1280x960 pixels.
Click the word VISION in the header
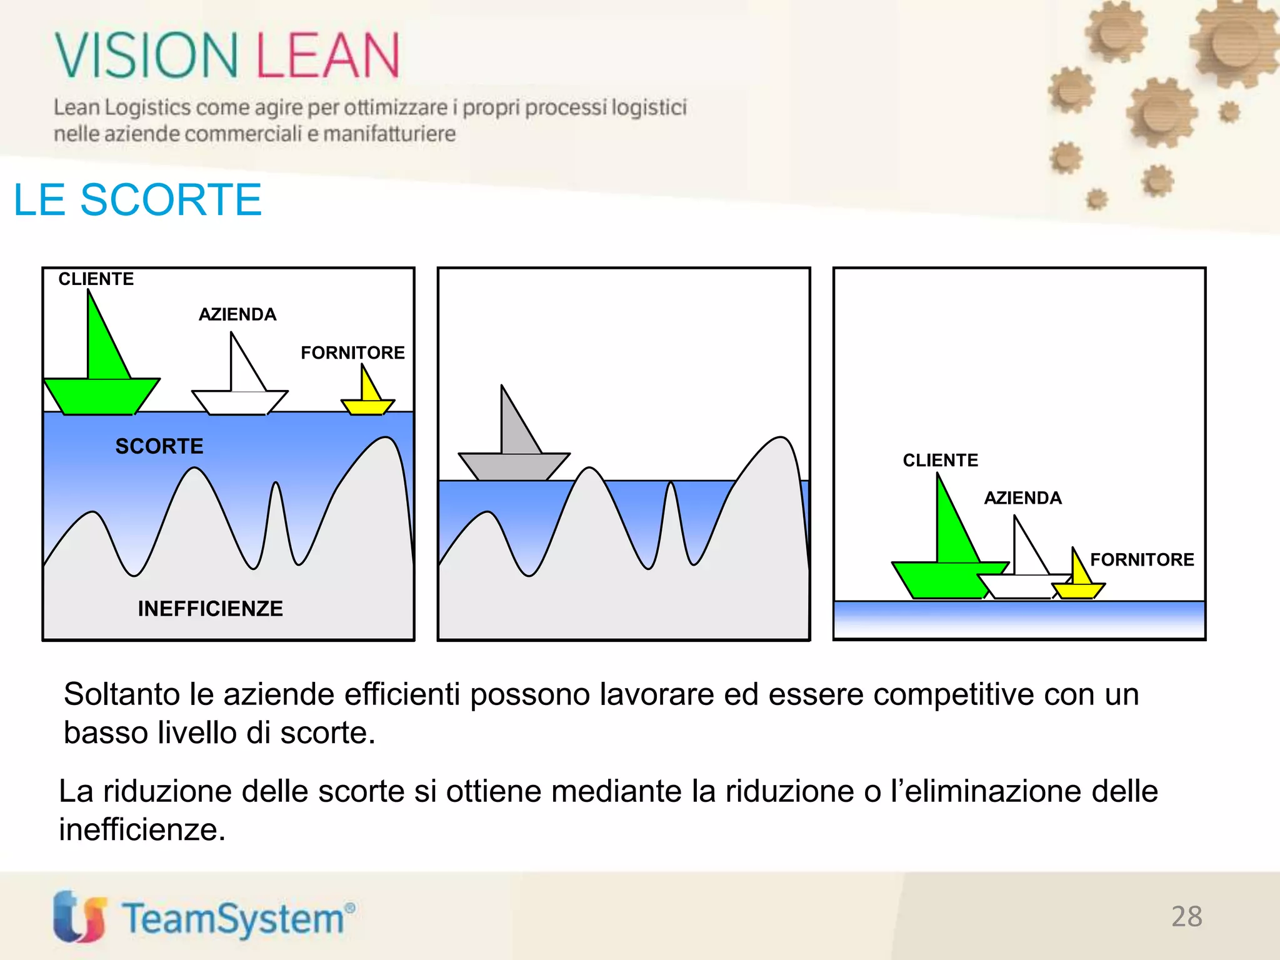[147, 56]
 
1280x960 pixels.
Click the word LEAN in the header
[327, 56]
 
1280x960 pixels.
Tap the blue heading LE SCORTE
[137, 200]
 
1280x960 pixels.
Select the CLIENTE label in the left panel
[96, 279]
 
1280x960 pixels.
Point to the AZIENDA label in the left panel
[237, 314]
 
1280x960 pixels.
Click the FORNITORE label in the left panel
[352, 352]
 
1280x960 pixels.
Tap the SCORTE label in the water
[159, 446]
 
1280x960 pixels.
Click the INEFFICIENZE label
[211, 609]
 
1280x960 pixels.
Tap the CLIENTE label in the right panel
[941, 461]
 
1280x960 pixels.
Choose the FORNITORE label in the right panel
[1142, 559]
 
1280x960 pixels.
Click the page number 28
[1186, 917]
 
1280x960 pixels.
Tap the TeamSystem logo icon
[79, 916]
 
